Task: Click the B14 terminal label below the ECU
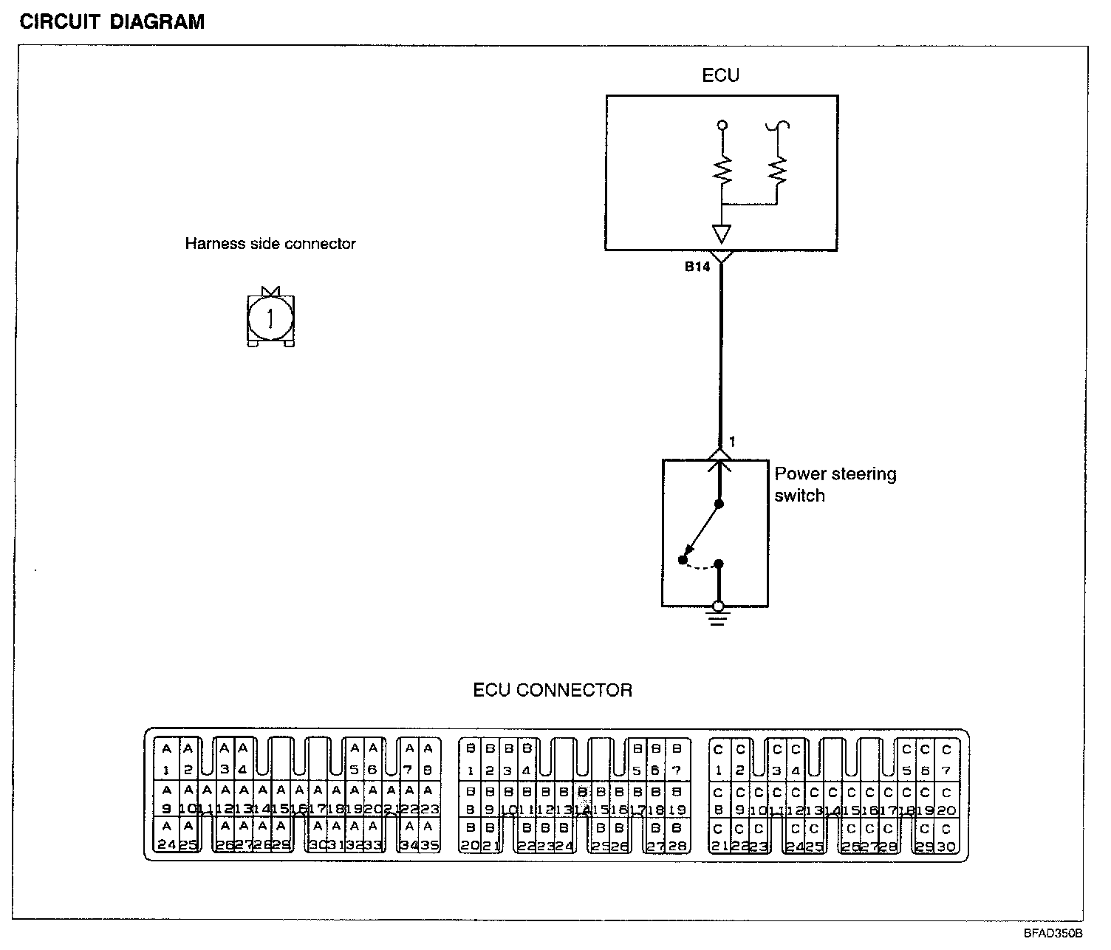tap(697, 267)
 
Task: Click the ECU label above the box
tap(720, 75)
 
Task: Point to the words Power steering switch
tap(835, 485)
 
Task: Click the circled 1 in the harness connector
tap(270, 318)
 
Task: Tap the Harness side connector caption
tap(270, 244)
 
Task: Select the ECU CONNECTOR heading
tap(553, 691)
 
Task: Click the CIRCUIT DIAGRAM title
tap(112, 22)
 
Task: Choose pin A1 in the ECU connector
tap(167, 760)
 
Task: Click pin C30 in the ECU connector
tap(946, 838)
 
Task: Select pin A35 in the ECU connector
tap(429, 838)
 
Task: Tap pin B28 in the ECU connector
tap(677, 838)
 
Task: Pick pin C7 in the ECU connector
tap(946, 760)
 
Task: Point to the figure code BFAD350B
tap(1052, 933)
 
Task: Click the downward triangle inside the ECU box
tap(722, 233)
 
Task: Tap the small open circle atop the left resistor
tap(722, 126)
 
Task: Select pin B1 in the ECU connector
tap(470, 760)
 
